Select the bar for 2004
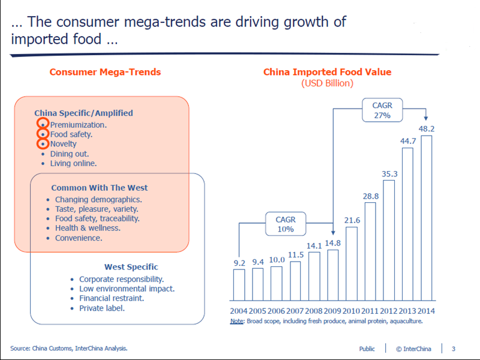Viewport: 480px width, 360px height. pos(239,284)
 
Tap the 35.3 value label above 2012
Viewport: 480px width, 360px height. pos(389,174)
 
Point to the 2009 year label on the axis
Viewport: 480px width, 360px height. pos(334,311)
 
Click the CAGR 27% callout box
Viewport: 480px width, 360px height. pos(382,110)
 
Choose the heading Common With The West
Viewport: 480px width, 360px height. pos(100,188)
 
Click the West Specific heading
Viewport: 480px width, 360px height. pos(131,267)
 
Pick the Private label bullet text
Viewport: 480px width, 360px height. pos(102,308)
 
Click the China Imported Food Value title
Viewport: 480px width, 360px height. pos(327,72)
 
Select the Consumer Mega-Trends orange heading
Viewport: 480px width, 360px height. pos(105,72)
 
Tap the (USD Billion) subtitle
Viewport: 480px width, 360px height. pos(327,83)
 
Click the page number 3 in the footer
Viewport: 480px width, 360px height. pos(454,349)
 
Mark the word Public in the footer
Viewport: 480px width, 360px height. pos(367,349)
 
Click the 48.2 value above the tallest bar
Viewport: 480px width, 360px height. pos(427,129)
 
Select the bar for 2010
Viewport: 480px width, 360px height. pos(352,263)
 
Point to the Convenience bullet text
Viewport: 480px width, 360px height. pos(79,238)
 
